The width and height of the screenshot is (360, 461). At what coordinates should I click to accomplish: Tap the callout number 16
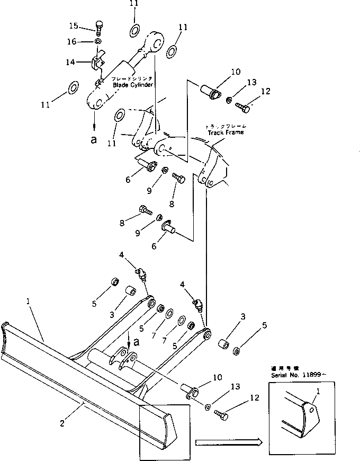(73, 41)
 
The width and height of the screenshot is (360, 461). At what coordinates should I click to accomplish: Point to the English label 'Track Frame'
(226, 132)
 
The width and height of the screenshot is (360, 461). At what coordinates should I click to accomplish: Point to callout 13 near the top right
(251, 82)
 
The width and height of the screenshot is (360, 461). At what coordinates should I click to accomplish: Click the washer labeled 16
(99, 41)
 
